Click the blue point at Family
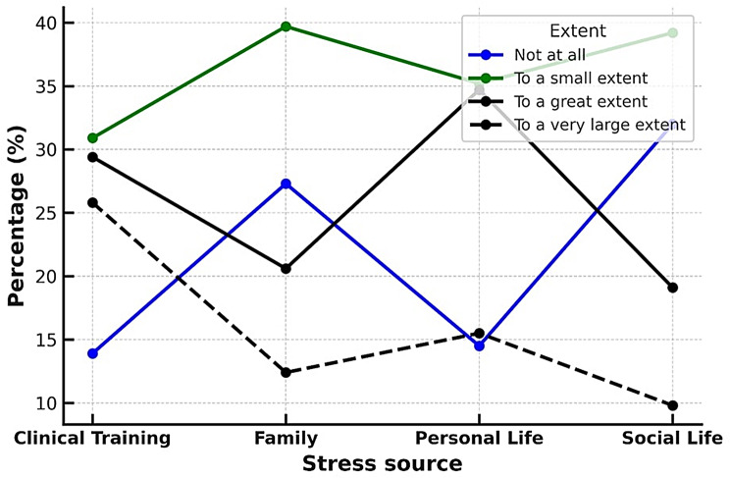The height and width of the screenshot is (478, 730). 285,184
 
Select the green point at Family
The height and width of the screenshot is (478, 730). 285,27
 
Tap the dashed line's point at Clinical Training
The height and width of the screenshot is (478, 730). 92,202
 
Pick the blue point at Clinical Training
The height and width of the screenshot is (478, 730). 92,353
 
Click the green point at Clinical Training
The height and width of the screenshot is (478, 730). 92,138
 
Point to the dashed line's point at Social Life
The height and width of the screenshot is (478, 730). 672,405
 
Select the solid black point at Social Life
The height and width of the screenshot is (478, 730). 672,288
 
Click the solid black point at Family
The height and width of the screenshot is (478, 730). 285,269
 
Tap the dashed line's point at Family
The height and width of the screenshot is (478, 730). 285,372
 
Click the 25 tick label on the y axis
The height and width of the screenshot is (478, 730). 46,213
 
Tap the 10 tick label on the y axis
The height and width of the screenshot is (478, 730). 46,403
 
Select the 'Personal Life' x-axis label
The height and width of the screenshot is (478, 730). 479,438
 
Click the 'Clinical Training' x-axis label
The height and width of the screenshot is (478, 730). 92,438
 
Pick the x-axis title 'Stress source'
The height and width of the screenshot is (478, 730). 382,462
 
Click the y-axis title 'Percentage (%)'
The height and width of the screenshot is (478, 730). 17,213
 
